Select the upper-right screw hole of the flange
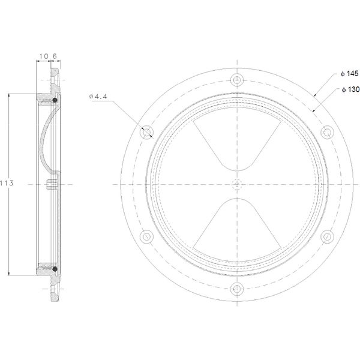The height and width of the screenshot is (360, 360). (328, 131)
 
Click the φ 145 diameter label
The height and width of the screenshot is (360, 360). (348, 73)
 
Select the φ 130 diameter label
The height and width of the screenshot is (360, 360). (348, 89)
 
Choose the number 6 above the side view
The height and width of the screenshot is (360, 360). (54, 56)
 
